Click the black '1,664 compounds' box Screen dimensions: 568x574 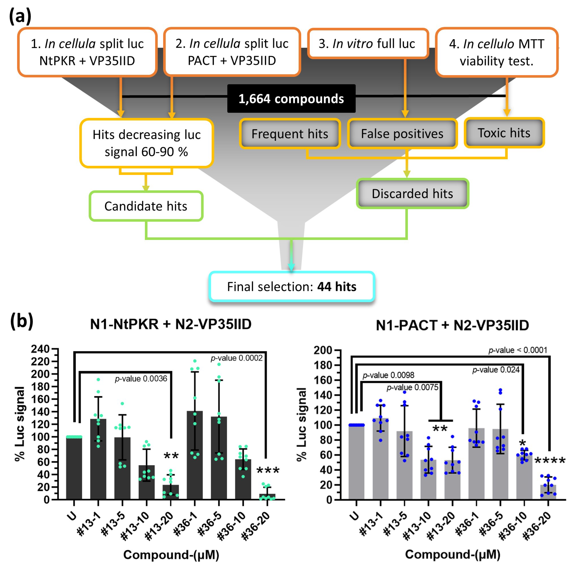click(291, 99)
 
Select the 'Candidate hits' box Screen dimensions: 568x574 click(146, 206)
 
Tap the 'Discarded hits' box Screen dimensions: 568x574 click(412, 194)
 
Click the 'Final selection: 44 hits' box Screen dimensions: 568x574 click(292, 286)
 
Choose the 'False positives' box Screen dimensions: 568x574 click(402, 134)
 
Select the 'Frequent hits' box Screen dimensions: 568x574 click(290, 134)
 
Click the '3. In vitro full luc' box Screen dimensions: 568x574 click(368, 44)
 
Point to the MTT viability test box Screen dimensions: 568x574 click(496, 52)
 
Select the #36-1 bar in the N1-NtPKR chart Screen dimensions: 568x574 click(195, 456)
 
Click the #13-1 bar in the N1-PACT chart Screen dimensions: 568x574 click(381, 459)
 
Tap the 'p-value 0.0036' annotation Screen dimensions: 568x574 click(141, 379)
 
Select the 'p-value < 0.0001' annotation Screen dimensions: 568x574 click(517, 350)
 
